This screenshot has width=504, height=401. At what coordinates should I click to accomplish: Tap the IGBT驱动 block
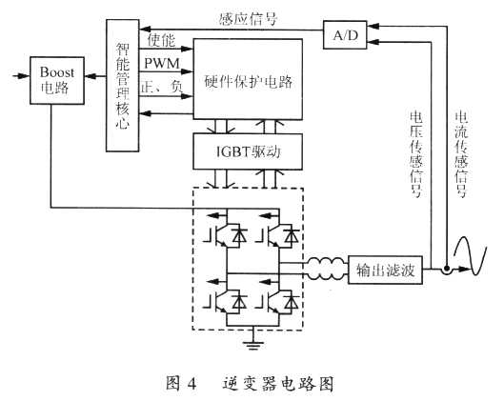249,150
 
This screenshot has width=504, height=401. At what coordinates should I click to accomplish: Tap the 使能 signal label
161,42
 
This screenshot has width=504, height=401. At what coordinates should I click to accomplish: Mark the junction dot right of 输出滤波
445,270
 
